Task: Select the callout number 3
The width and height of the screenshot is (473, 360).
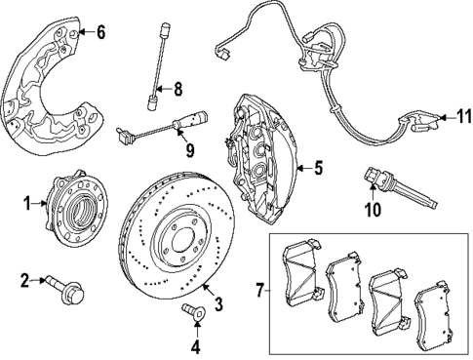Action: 217,305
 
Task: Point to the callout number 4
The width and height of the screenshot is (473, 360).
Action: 194,344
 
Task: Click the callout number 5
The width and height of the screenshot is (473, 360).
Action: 319,167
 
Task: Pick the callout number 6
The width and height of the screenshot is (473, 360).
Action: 100,31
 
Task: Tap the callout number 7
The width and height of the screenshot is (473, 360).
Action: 257,291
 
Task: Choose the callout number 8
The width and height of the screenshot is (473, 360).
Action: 177,90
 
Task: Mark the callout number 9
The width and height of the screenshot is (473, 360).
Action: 190,149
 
